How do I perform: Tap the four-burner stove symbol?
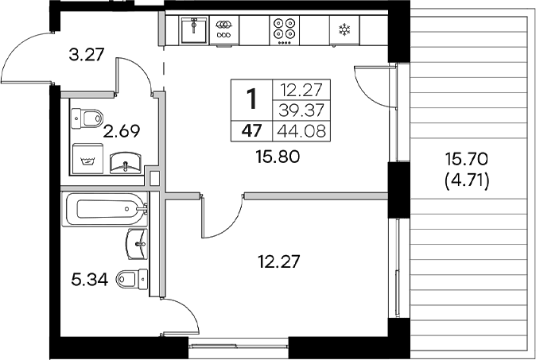285,29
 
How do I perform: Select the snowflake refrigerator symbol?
344,30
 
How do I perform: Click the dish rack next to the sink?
225,29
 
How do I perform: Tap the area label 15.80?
277,157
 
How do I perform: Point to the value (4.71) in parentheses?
468,182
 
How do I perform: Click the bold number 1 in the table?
252,99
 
